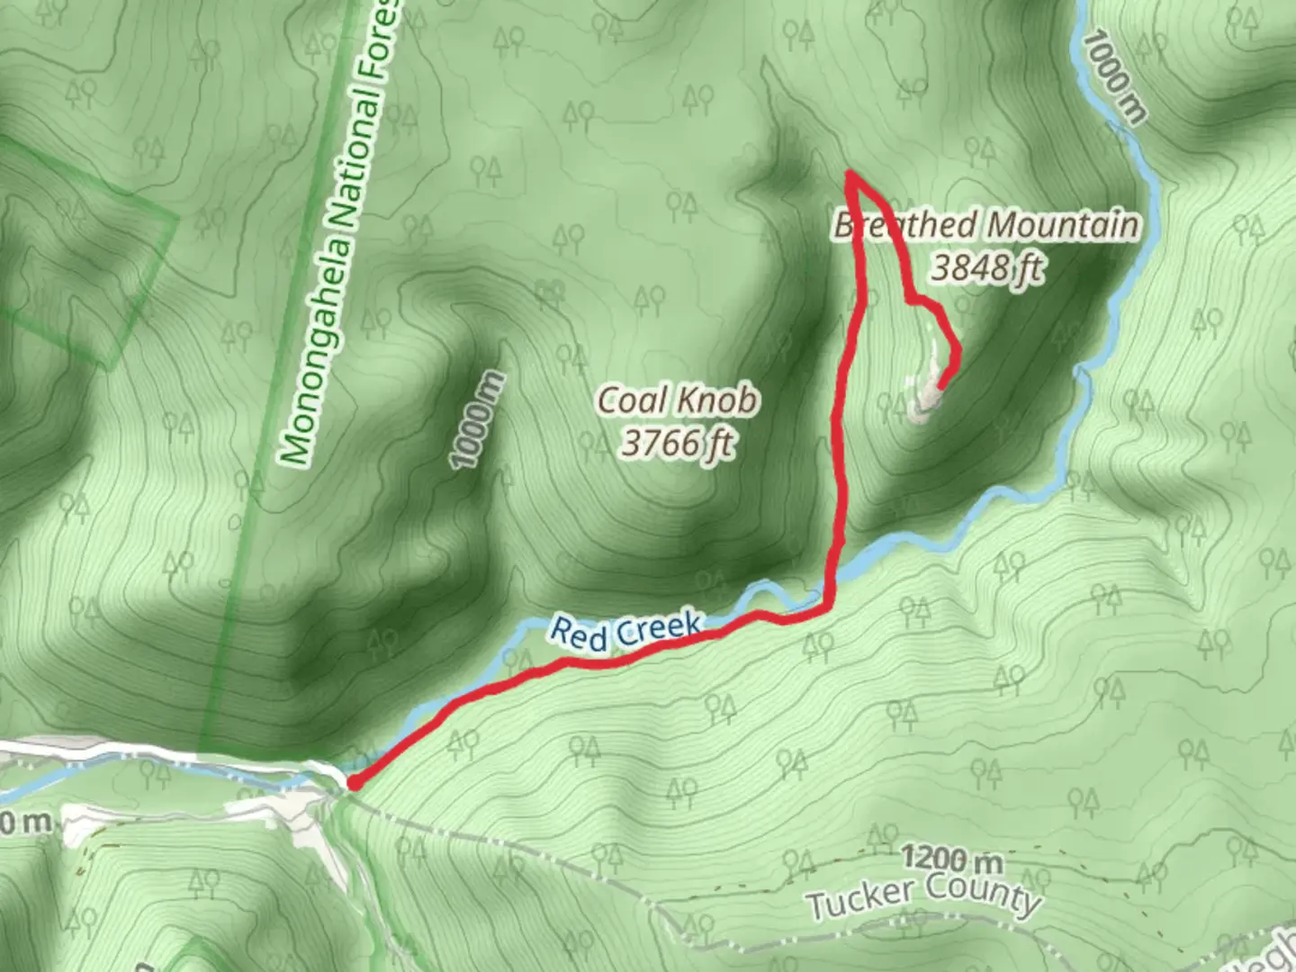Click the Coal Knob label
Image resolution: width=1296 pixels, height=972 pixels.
pyautogui.click(x=677, y=400)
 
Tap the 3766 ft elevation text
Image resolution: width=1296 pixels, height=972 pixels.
pyautogui.click(x=677, y=443)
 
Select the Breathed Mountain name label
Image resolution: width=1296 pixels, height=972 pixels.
pyautogui.click(x=986, y=224)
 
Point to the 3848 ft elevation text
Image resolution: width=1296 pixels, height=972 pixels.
pyautogui.click(x=986, y=267)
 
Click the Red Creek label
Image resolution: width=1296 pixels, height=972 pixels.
pyautogui.click(x=625, y=630)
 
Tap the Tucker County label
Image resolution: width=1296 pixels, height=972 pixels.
pyautogui.click(x=923, y=895)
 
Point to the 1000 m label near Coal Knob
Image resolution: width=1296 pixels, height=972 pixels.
pyautogui.click(x=477, y=420)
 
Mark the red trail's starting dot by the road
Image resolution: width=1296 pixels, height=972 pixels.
pyautogui.click(x=354, y=783)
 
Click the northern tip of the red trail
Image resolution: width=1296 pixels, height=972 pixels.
pyautogui.click(x=850, y=174)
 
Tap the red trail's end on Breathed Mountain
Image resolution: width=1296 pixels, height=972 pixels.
pyautogui.click(x=940, y=388)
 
